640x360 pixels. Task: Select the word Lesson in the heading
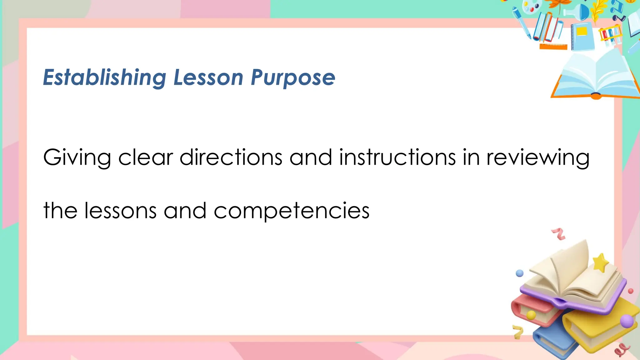tap(208, 77)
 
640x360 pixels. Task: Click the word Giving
tap(77, 157)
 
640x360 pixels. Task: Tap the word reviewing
tap(538, 157)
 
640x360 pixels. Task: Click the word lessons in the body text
tap(120, 211)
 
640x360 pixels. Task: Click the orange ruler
tap(553, 47)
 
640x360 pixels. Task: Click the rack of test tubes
tap(610, 34)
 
